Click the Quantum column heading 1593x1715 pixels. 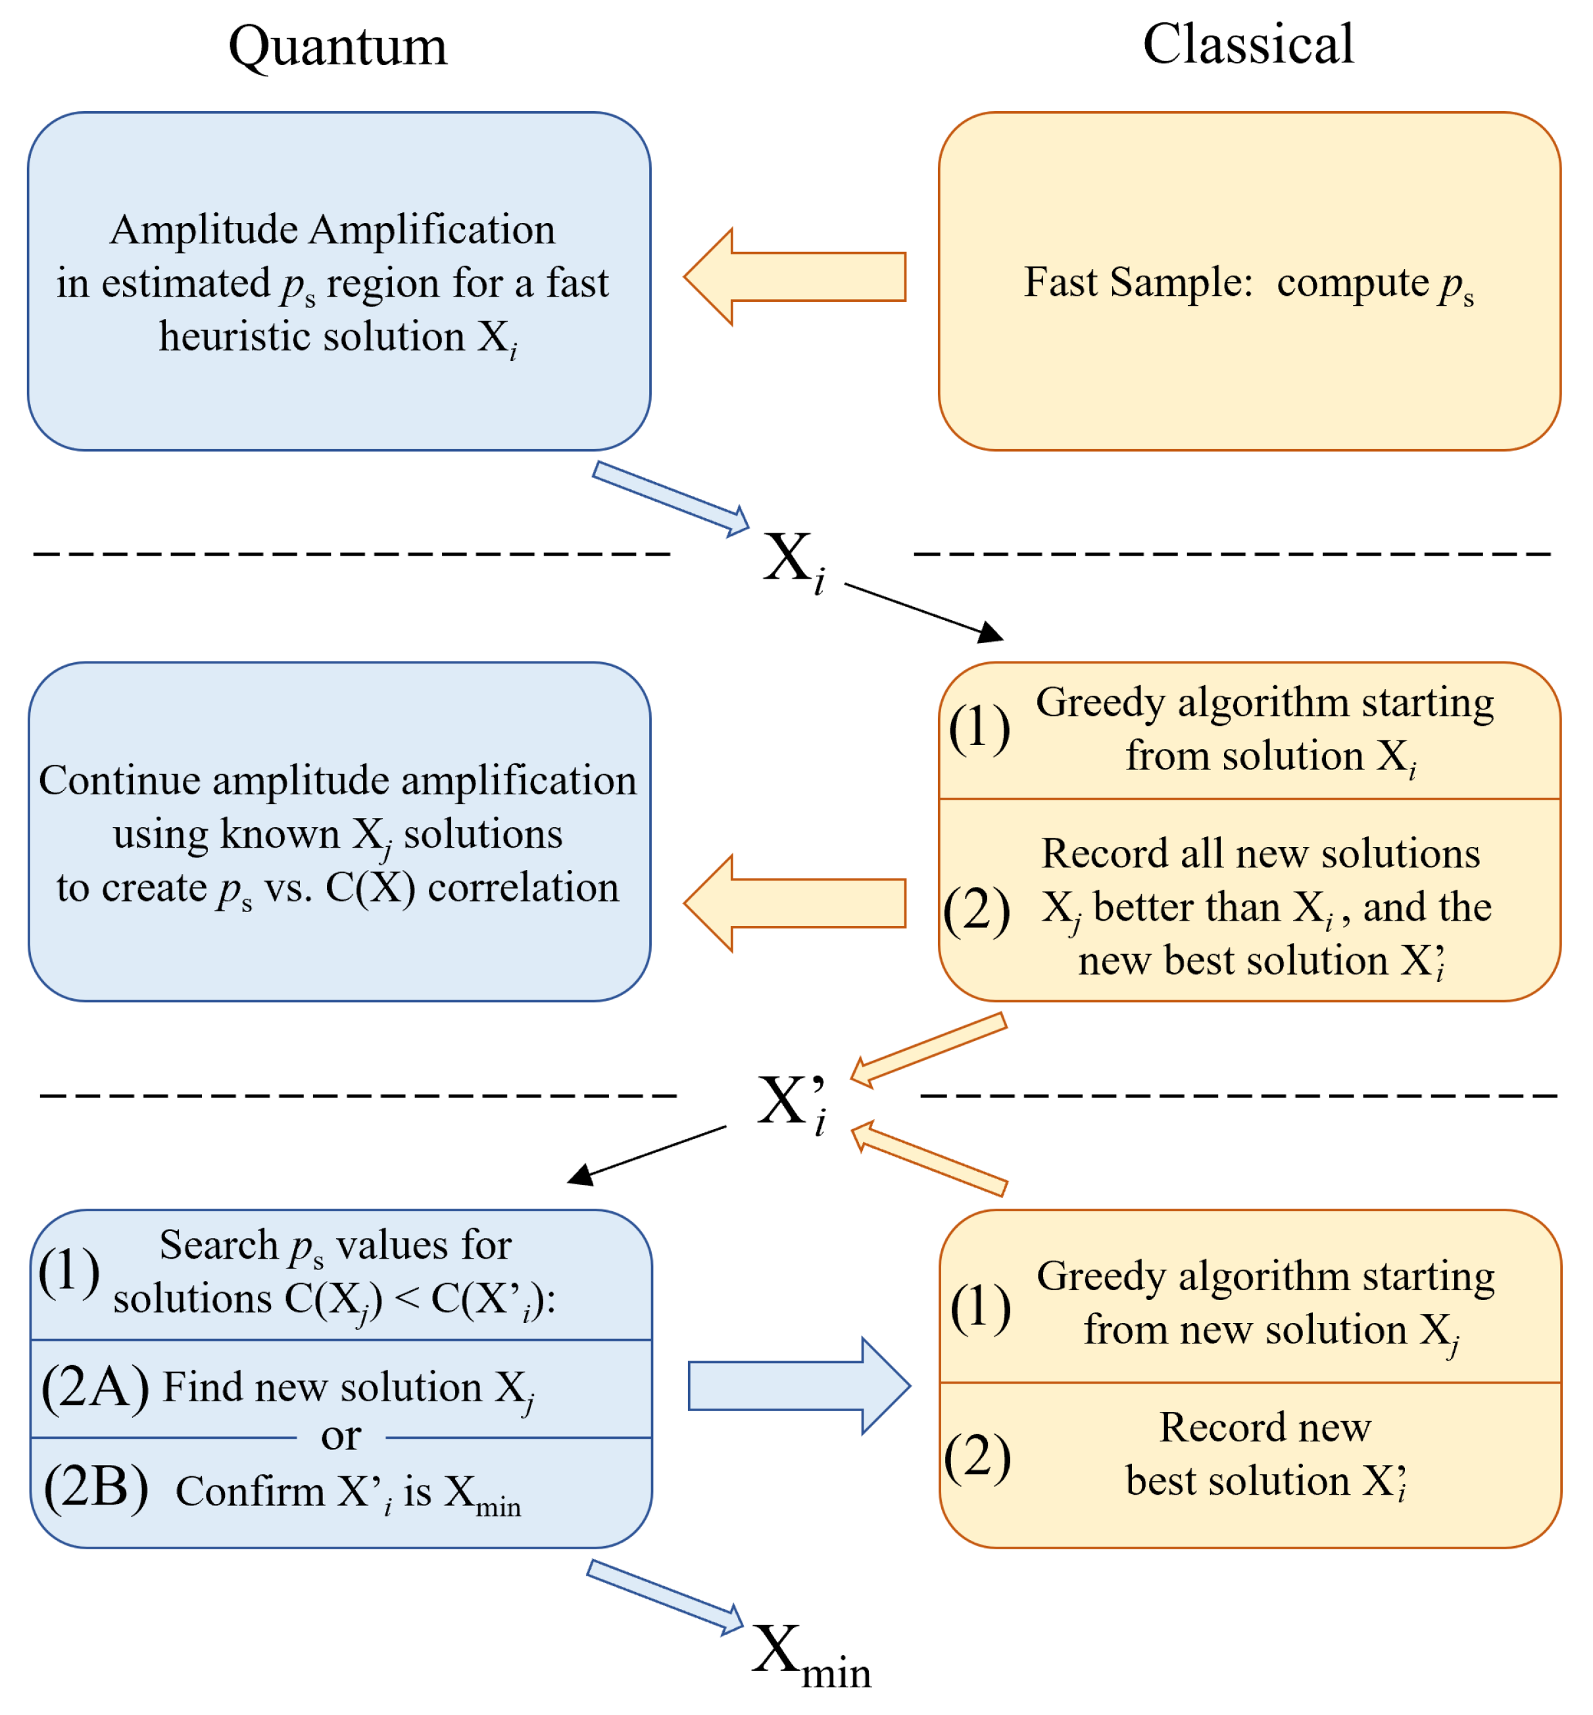(x=338, y=47)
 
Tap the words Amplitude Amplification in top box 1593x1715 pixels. (x=333, y=230)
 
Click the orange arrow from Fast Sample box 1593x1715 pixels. (x=795, y=277)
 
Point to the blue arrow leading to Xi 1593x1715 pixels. (x=671, y=498)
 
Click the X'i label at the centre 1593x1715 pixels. (x=791, y=1103)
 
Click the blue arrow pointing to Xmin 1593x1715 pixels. (x=664, y=1595)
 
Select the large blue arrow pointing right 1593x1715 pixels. (x=799, y=1386)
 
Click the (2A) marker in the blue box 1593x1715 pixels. (x=95, y=1387)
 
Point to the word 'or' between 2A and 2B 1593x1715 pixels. (x=341, y=1436)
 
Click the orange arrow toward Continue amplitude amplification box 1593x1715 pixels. (x=795, y=903)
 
